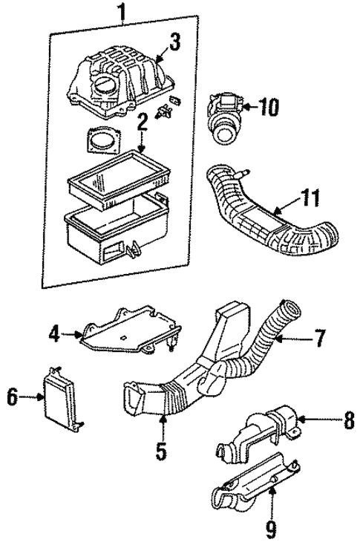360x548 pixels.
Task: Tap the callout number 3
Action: pyautogui.click(x=174, y=43)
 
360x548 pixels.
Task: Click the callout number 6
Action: pyautogui.click(x=13, y=399)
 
